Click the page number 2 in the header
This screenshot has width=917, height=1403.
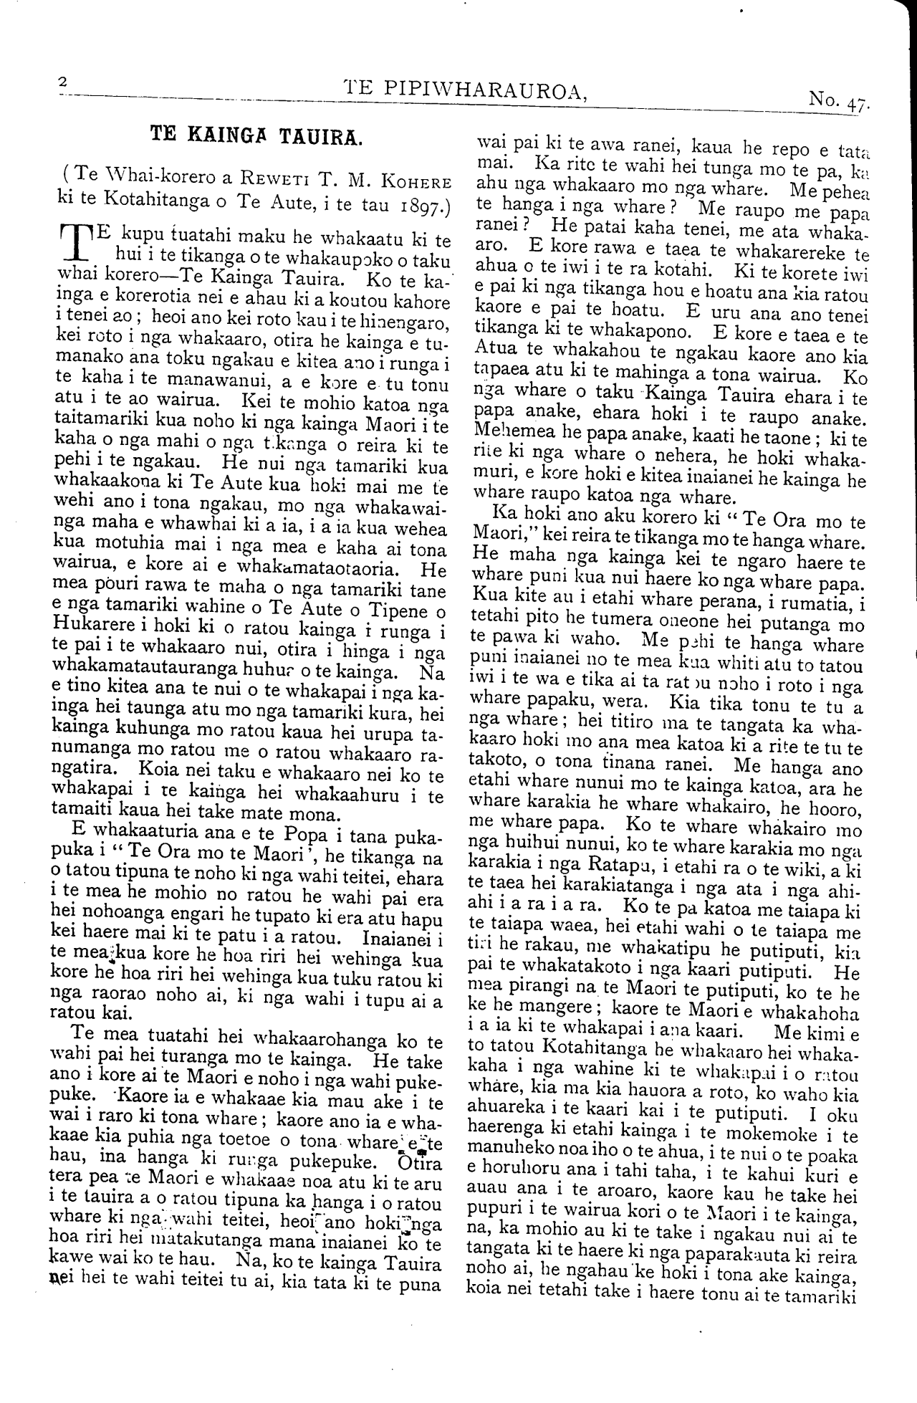pyautogui.click(x=62, y=83)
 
